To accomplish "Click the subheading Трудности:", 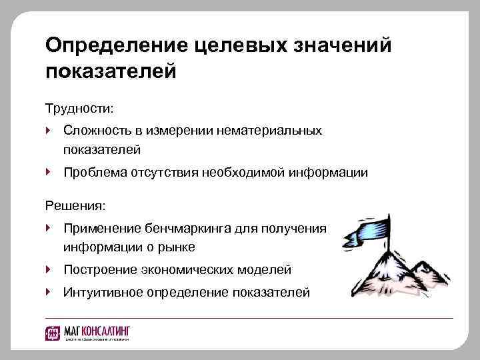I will coord(79,107).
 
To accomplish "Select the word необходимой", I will coord(247,173).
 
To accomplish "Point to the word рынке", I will coord(173,247).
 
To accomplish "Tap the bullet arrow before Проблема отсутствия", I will coord(49,172).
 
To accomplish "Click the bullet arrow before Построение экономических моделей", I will coord(49,269).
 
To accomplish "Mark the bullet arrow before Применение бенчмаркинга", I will coord(49,227).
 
